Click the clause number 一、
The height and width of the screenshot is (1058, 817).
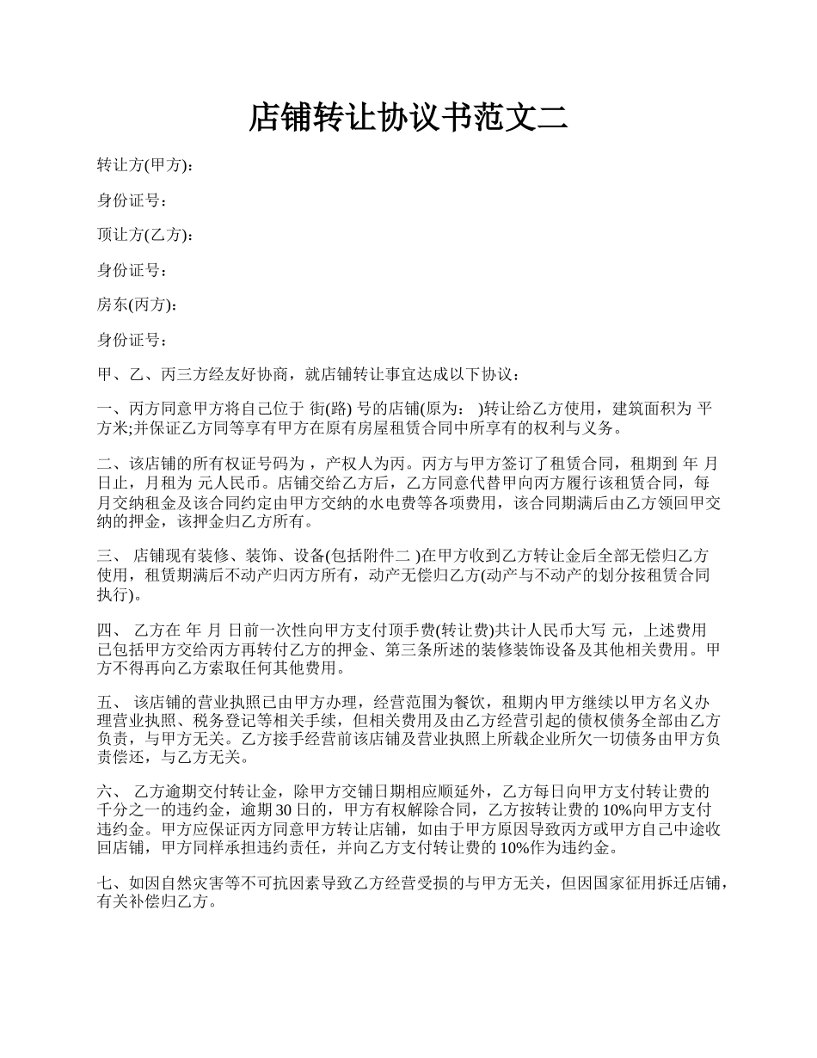[x=108, y=408]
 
